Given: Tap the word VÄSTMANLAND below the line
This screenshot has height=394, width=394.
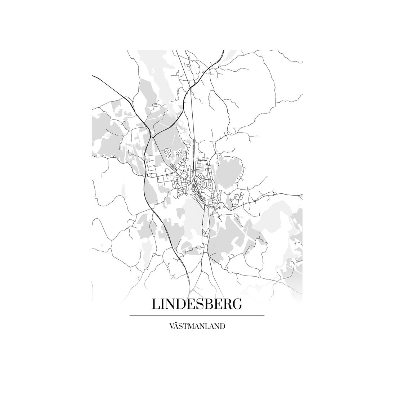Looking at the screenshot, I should tap(197, 327).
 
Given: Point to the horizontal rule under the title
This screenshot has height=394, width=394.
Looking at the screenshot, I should tap(197, 315).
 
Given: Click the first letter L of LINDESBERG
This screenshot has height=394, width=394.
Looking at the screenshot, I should tap(156, 304).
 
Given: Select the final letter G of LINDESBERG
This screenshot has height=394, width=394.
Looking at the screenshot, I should tap(237, 304).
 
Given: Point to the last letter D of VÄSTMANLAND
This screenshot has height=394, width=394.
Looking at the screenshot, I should tap(223, 327).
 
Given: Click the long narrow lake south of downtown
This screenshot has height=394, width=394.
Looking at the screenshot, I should tap(206, 223).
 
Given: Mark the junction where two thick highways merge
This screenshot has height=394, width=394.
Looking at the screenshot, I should tap(152, 136).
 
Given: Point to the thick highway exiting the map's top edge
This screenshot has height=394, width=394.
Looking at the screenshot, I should tap(216, 58).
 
